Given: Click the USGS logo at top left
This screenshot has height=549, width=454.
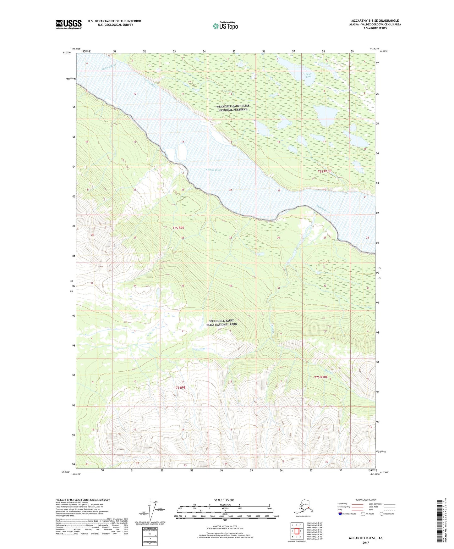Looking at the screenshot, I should click(x=68, y=24).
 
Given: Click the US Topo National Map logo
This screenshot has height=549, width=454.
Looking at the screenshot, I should click(x=225, y=25).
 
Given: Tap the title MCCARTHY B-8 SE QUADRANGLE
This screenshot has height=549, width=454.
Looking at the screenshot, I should click(x=374, y=21).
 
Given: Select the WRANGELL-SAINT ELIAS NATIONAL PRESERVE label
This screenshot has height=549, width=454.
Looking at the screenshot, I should click(x=232, y=108).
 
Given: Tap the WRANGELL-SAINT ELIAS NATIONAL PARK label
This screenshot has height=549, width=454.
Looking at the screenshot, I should click(x=222, y=322).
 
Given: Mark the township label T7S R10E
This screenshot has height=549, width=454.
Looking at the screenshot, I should click(x=323, y=377).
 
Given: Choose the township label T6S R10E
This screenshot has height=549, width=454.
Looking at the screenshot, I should click(x=324, y=171).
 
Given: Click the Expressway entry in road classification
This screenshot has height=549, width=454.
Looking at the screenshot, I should click(x=342, y=504).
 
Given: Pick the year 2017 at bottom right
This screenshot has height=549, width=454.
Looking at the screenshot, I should click(x=366, y=542).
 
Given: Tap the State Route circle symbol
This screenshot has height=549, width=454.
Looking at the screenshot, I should click(x=381, y=514).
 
